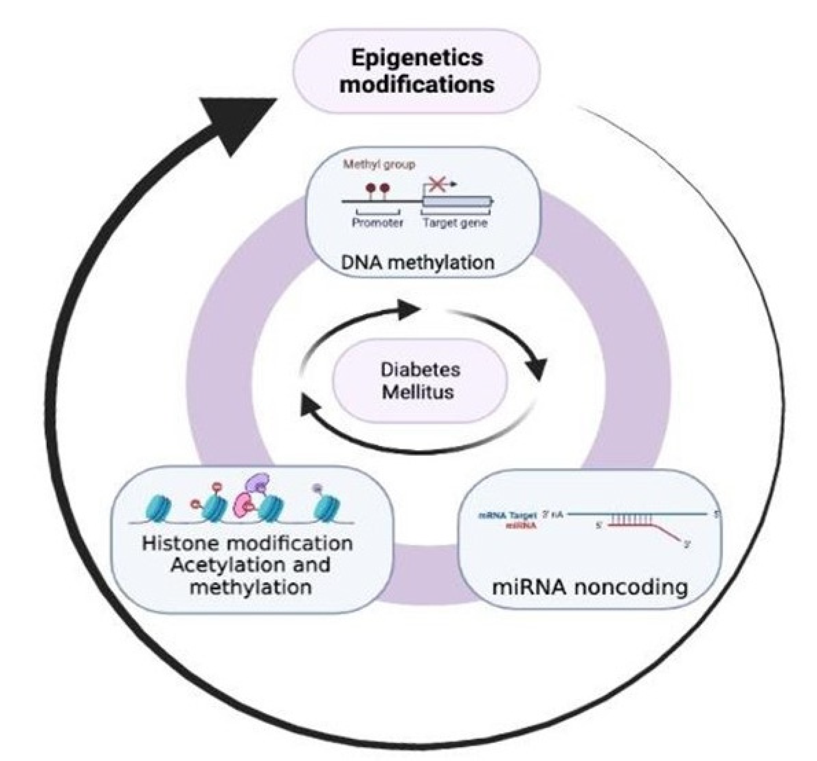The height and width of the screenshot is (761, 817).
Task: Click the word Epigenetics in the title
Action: (417, 58)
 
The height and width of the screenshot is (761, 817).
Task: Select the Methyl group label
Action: (379, 165)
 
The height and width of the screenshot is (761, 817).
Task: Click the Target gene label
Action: (455, 223)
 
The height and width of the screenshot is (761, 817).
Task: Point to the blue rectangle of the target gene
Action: (456, 201)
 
